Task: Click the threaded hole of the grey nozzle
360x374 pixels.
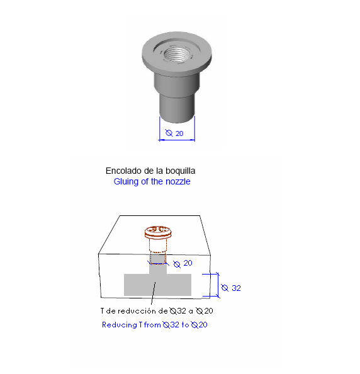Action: [x=177, y=55]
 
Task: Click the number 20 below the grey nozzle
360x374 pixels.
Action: [x=179, y=133]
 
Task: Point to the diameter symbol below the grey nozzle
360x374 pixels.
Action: [x=169, y=133]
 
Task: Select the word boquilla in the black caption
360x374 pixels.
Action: [x=181, y=171]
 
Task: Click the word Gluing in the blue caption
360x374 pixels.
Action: [x=126, y=182]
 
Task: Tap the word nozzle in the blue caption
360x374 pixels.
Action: [x=178, y=182]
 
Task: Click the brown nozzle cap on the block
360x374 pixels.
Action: [x=158, y=232]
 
